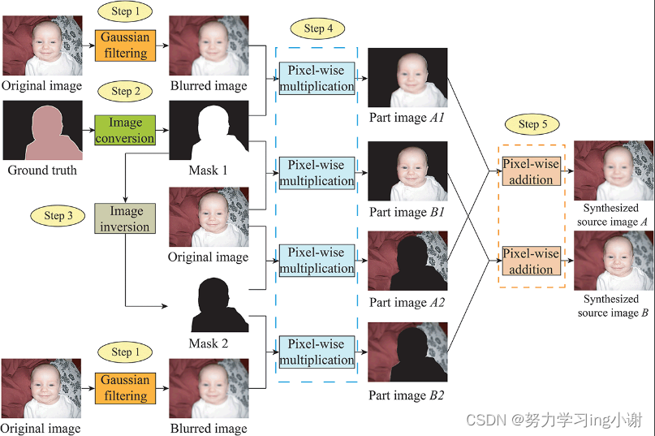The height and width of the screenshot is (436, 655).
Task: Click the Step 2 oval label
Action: [126, 92]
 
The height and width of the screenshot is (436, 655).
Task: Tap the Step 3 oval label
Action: [58, 216]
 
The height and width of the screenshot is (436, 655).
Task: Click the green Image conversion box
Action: [125, 131]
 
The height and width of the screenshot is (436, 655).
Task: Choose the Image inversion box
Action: [125, 219]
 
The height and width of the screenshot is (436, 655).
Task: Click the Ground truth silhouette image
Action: [42, 131]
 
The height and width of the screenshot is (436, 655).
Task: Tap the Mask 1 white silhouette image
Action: [209, 131]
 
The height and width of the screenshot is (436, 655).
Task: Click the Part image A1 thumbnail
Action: [407, 78]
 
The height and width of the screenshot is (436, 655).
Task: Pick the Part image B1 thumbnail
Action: [407, 171]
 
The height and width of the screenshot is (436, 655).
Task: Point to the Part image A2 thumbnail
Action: [407, 261]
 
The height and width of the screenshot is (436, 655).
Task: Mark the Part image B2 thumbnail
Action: [407, 352]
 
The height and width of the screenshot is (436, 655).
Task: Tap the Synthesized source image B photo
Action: [613, 261]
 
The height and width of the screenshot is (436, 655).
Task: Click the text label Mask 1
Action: [209, 171]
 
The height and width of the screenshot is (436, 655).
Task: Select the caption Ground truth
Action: [42, 171]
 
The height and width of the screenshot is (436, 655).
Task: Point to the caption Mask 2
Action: [209, 343]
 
